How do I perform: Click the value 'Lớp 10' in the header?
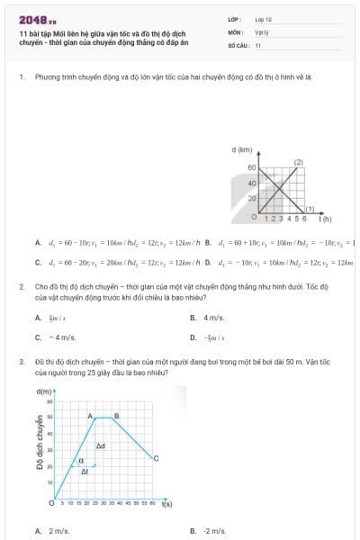[x=264, y=18]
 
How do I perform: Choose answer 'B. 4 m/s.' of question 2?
[x=212, y=318]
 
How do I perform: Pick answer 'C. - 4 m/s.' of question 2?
[x=51, y=337]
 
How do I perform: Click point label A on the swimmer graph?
[x=91, y=415]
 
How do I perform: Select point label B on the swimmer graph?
[x=116, y=415]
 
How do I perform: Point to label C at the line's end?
[x=157, y=458]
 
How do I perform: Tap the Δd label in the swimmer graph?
[x=101, y=445]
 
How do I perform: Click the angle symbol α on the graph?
[x=82, y=461]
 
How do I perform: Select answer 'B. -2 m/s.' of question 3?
[x=213, y=531]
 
